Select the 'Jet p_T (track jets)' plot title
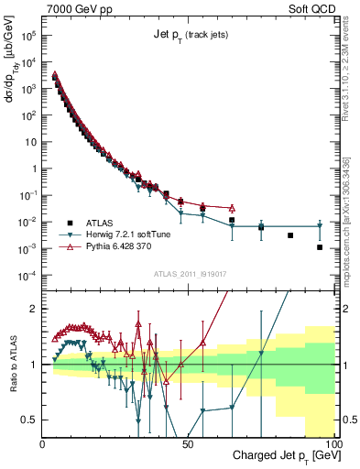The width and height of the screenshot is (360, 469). tap(190, 35)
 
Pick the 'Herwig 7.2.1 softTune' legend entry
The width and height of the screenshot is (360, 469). tap(114, 234)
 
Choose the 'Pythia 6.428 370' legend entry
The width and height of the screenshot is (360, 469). tap(106, 247)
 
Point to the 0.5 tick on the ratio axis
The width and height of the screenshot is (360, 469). tap(30, 420)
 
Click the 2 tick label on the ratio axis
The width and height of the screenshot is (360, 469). tap(35, 309)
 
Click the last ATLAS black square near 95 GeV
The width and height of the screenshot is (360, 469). tap(320, 247)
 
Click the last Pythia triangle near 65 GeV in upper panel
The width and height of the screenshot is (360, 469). tap(232, 208)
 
